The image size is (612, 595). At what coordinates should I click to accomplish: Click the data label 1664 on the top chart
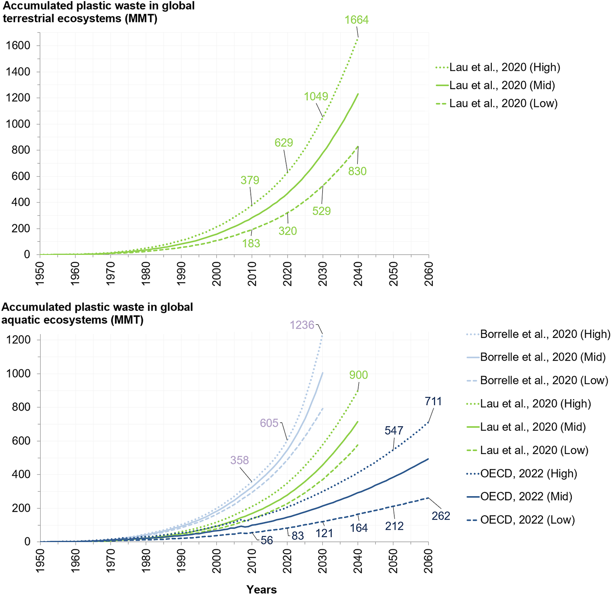356,20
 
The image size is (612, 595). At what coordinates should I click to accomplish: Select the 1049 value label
316,97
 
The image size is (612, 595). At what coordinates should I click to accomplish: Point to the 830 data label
357,171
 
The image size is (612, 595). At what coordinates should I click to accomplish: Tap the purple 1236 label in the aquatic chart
302,325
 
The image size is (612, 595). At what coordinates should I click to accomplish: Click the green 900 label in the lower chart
358,375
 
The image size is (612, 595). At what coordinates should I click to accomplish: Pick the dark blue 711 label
433,401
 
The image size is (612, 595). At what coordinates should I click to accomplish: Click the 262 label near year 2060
441,516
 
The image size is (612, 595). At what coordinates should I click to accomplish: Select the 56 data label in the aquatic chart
267,541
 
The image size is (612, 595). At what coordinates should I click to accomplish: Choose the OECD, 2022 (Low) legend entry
527,520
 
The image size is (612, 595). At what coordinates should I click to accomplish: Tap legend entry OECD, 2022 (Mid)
526,496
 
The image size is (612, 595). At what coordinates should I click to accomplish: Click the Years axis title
262,589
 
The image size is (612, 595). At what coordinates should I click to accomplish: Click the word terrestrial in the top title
29,18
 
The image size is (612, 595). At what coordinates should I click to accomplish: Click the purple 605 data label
269,423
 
